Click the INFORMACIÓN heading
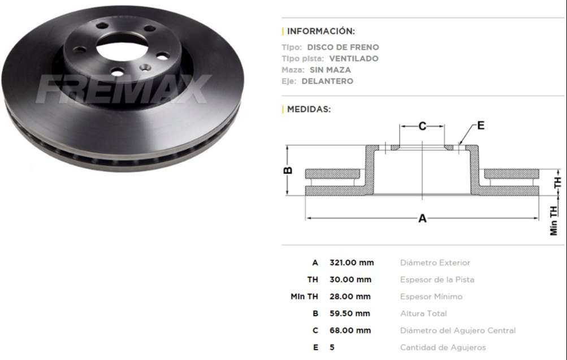coord(321,31)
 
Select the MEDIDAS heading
coord(309,109)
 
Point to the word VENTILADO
coord(353,59)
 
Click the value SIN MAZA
coord(330,70)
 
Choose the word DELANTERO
coord(327,81)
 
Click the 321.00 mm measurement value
coord(351,263)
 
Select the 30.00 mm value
coord(350,280)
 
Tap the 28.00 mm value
coord(350,297)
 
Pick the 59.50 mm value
coord(349,314)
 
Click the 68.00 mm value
coord(350,331)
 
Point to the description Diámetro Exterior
coord(435,263)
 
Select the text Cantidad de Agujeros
coord(443,348)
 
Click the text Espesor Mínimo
coord(431,297)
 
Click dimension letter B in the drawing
coord(288,170)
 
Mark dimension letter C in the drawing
coord(422,127)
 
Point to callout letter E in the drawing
coord(481,125)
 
